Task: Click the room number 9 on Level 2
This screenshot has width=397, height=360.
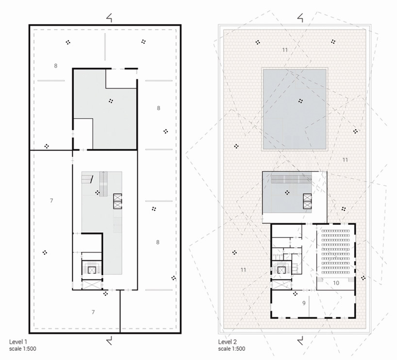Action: [x=303, y=303]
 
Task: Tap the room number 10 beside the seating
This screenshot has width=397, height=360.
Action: [x=336, y=282]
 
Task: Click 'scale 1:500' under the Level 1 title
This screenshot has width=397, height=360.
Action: [x=23, y=349]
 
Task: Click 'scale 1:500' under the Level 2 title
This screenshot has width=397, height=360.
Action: [x=232, y=349]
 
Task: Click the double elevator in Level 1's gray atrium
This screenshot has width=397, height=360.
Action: [x=118, y=201]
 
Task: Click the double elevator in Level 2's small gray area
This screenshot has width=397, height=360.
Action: [x=307, y=201]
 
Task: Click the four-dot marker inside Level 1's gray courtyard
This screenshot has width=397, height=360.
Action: [x=111, y=101]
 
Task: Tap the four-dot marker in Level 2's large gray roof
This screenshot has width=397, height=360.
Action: [x=301, y=101]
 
